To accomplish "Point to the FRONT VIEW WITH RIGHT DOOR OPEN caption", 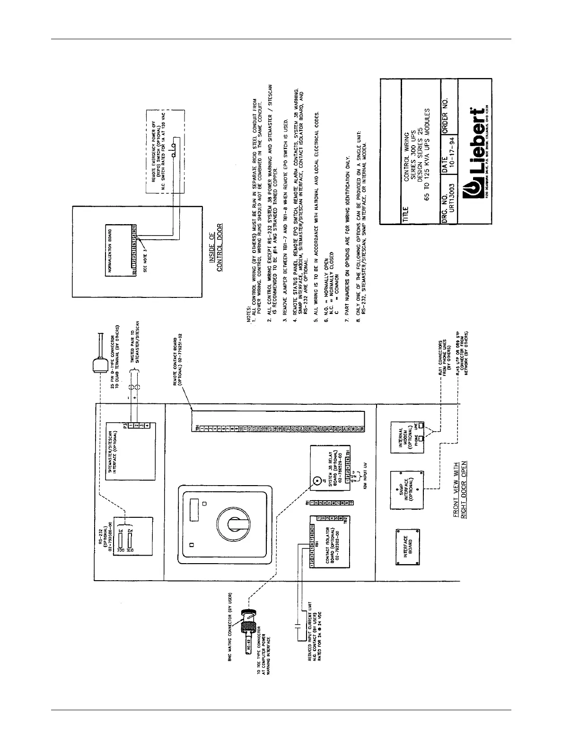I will (460, 490).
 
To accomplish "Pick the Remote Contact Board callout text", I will (177, 362).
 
